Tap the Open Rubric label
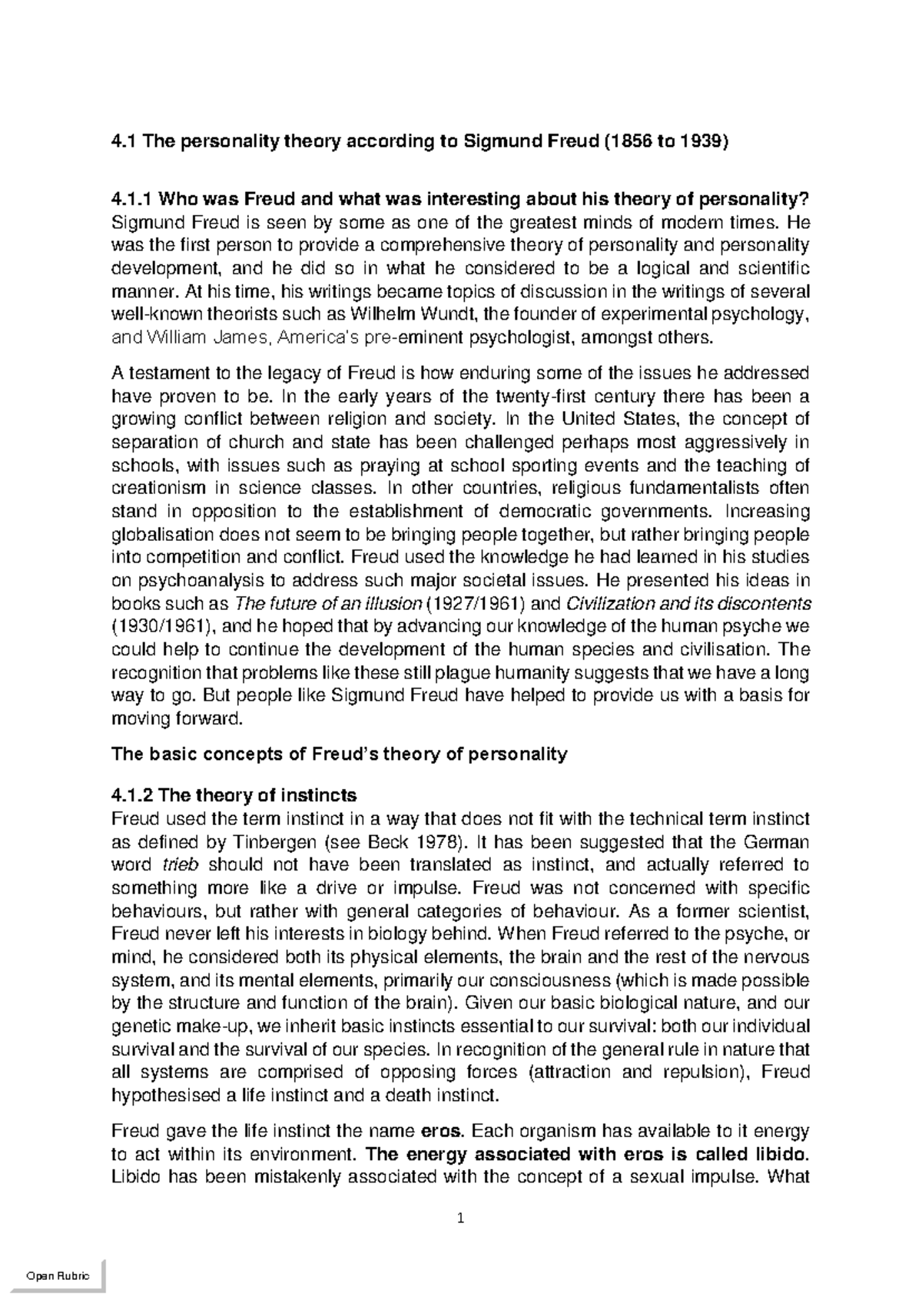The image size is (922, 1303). tap(58, 1276)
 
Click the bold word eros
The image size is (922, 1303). tap(443, 1132)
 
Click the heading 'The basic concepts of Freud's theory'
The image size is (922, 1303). tap(339, 754)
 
